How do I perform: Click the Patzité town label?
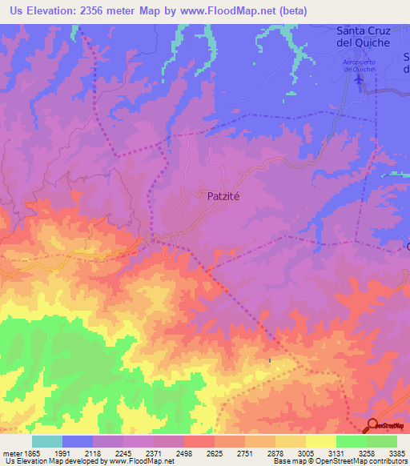(x=219, y=195)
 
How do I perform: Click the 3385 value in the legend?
(x=396, y=453)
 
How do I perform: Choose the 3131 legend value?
(x=336, y=453)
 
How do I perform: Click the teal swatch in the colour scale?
(x=47, y=441)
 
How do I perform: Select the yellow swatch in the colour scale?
(x=320, y=441)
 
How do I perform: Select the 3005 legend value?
(x=305, y=453)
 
